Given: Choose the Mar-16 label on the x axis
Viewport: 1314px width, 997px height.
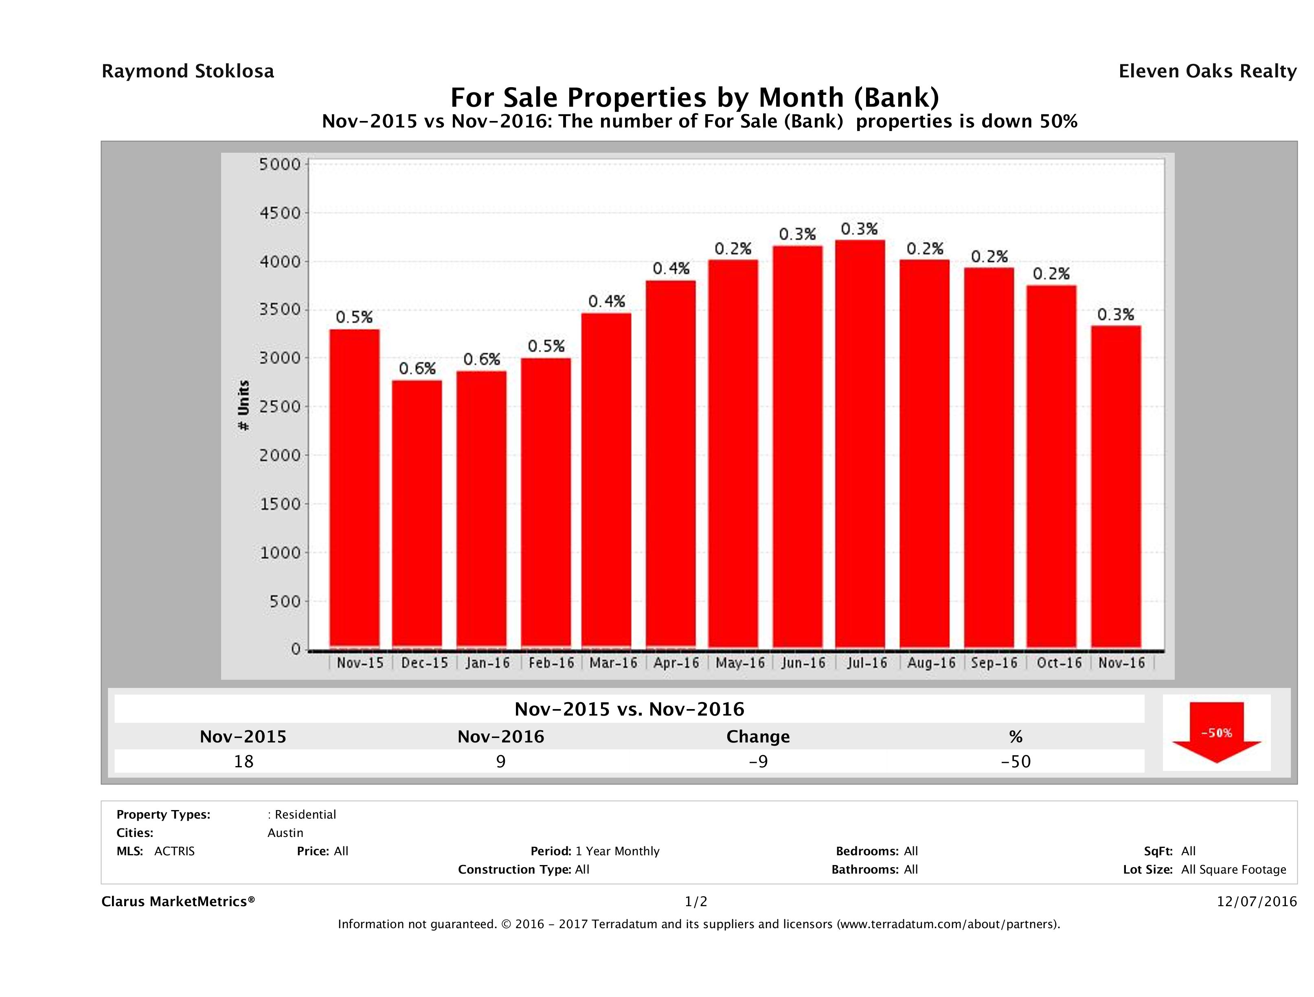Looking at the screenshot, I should [x=613, y=663].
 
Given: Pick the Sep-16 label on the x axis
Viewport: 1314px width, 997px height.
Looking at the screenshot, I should [x=994, y=663].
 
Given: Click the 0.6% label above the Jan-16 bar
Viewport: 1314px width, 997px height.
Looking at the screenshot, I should [x=482, y=360].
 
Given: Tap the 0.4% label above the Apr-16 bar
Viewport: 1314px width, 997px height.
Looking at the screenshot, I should [x=671, y=268].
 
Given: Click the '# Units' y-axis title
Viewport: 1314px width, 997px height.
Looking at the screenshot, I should [x=243, y=405].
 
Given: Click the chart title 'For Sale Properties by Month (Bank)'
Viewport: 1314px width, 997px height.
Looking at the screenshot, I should [x=694, y=97].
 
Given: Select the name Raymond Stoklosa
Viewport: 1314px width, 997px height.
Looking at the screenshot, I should [x=188, y=71].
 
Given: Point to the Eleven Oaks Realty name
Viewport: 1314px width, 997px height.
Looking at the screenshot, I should [x=1207, y=71].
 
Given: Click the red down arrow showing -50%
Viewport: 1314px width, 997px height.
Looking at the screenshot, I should [x=1216, y=733].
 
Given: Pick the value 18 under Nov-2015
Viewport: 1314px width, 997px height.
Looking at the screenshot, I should [x=243, y=761].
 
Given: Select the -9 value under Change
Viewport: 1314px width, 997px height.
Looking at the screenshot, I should [x=758, y=761].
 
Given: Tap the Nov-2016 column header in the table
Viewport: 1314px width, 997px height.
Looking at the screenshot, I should [x=501, y=737].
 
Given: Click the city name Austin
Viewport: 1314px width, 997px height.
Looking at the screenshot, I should [x=285, y=833].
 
